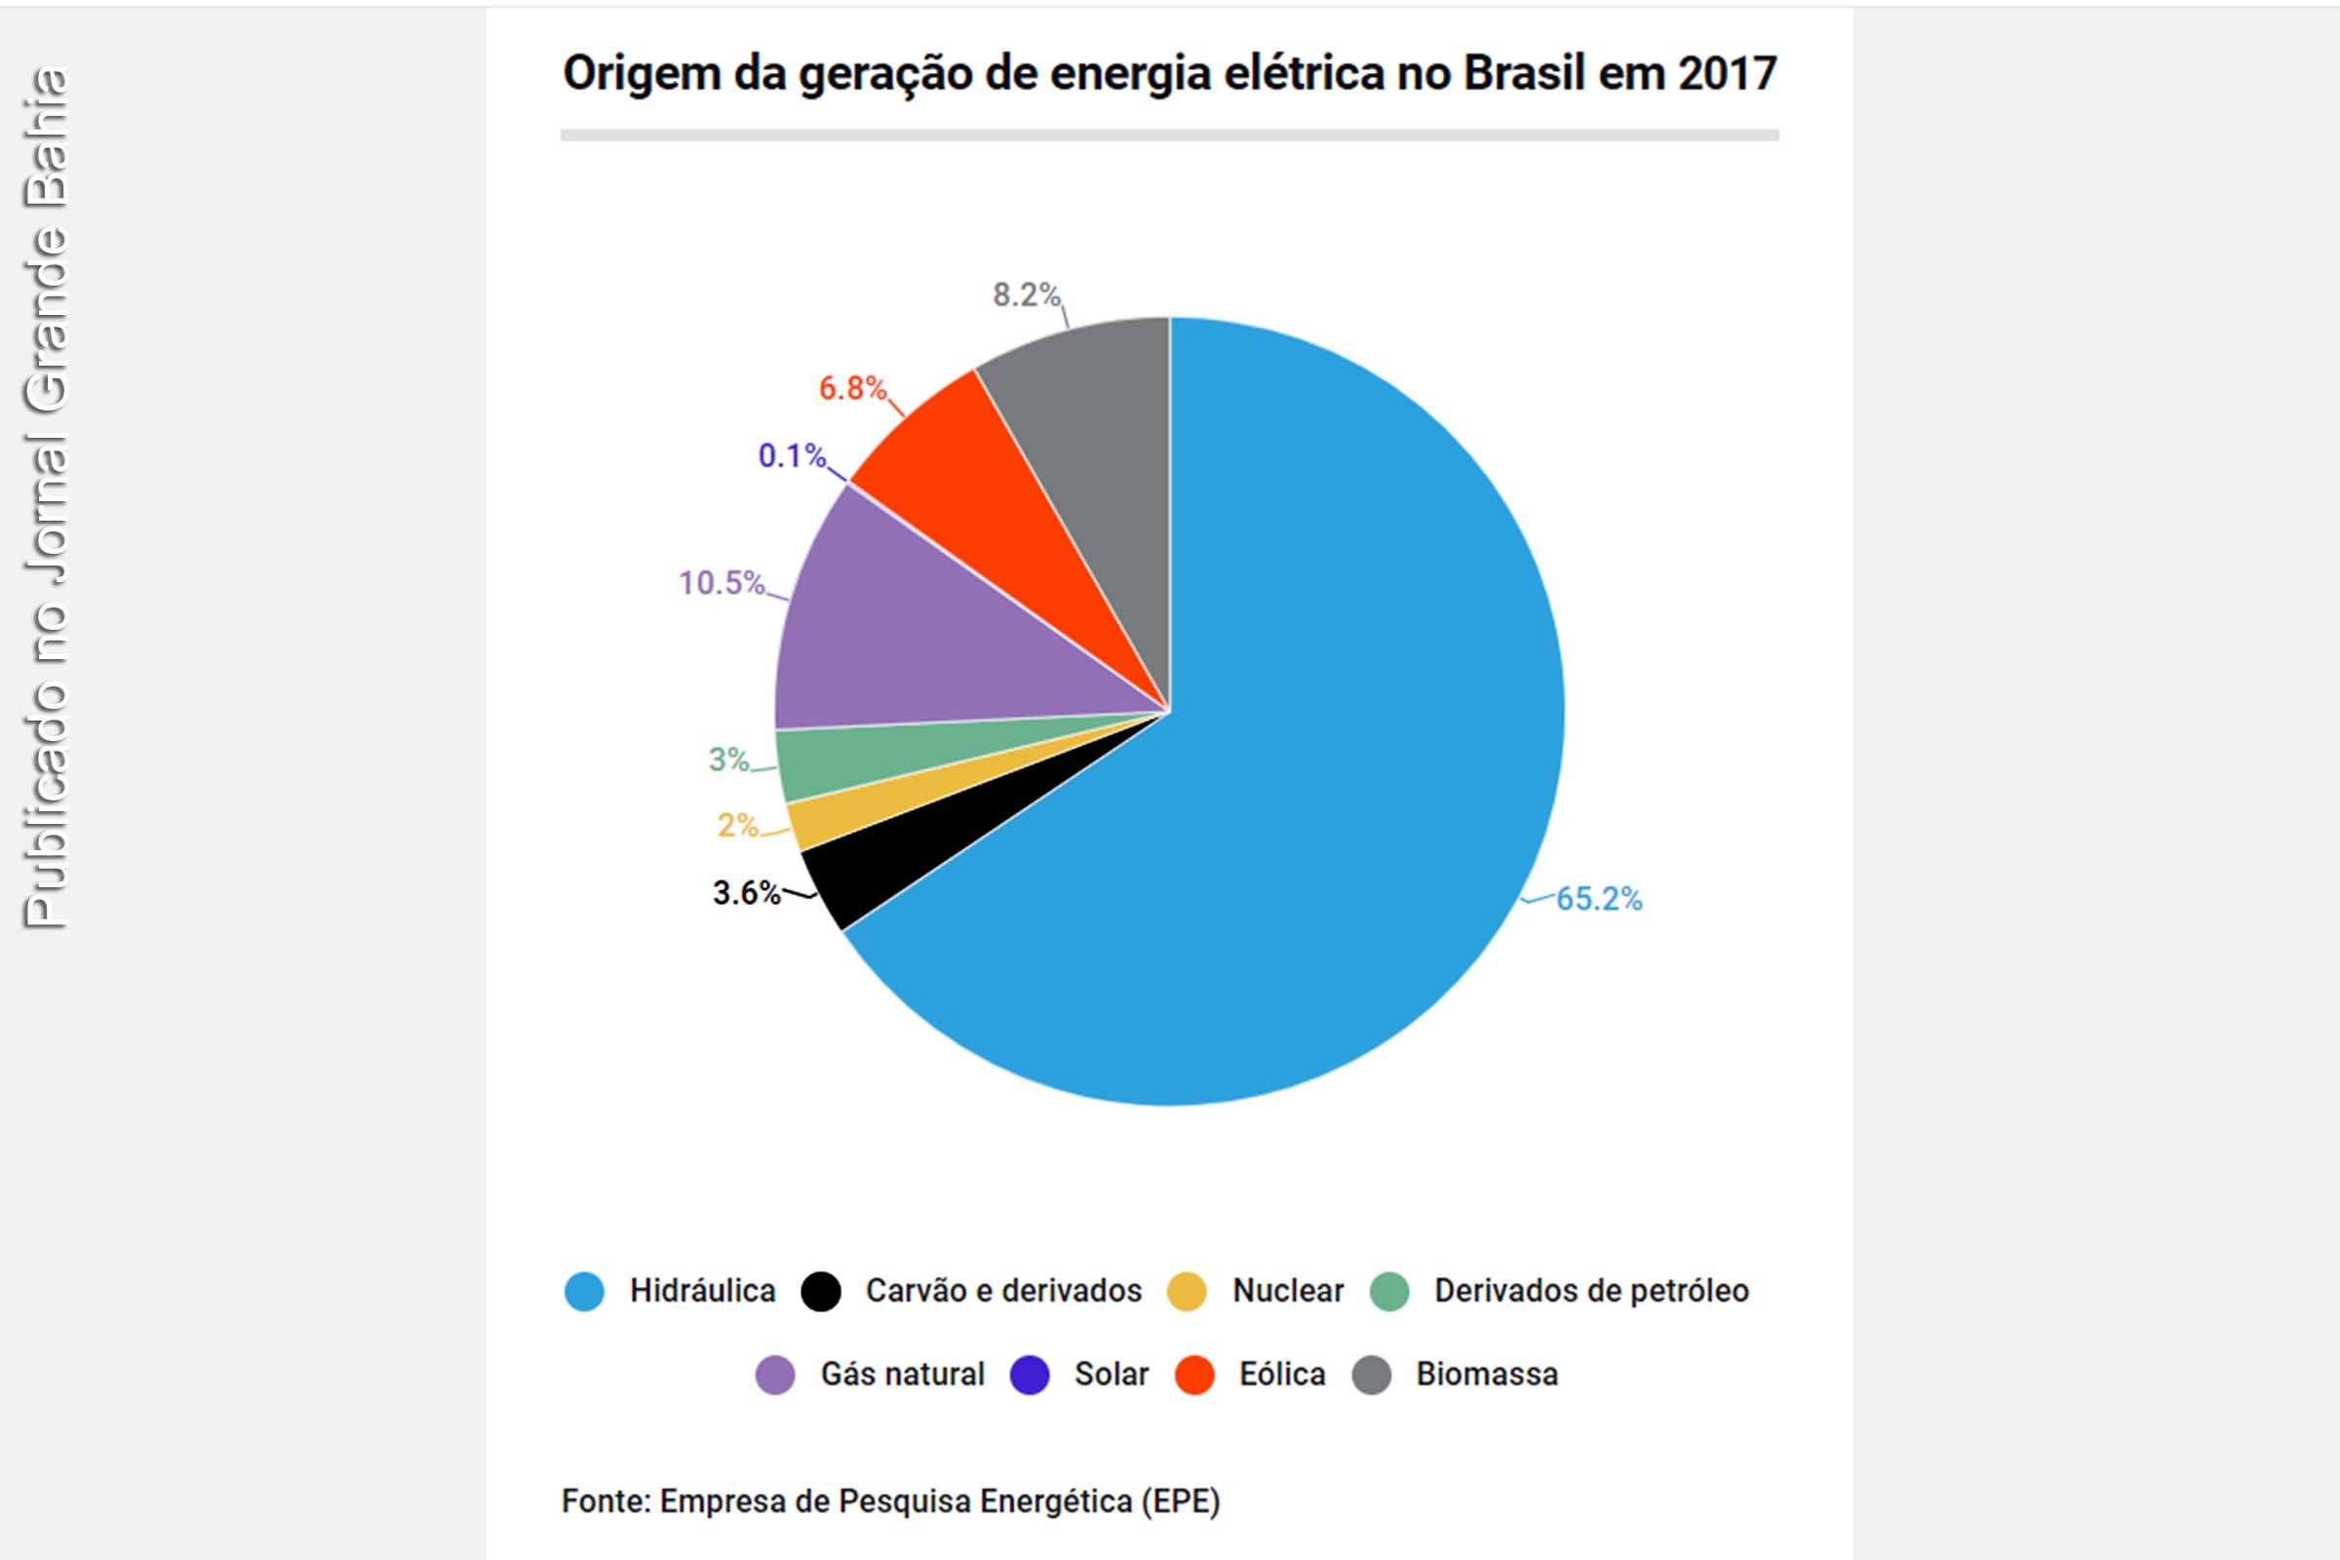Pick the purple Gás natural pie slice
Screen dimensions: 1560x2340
[x=895, y=637]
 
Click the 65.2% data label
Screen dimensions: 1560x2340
[x=1598, y=899]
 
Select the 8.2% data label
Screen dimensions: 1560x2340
[x=1026, y=295]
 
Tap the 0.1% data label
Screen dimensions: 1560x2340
[x=792, y=456]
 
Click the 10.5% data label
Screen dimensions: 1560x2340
[x=721, y=583]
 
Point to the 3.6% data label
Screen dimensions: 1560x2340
[x=746, y=893]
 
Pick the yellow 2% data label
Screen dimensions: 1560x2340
[x=737, y=826]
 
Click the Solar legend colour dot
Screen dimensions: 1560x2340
[x=1030, y=1376]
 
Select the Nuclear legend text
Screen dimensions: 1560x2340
[x=1287, y=1291]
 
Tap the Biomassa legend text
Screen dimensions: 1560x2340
[x=1486, y=1375]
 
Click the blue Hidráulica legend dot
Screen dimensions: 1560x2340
[x=584, y=1291]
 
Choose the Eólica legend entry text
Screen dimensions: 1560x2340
[x=1281, y=1375]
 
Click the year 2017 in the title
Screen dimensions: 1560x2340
[x=1726, y=74]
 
